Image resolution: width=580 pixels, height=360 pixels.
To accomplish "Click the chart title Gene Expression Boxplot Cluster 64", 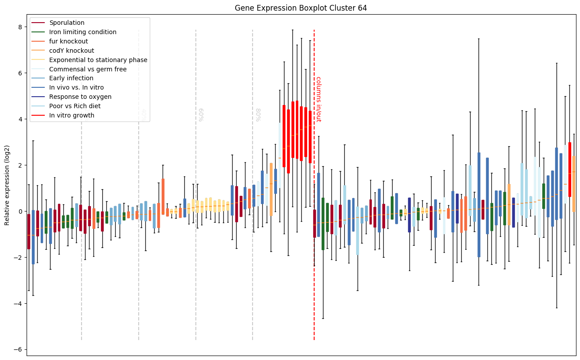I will (300, 8).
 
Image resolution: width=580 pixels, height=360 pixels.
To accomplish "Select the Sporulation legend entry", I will (67, 23).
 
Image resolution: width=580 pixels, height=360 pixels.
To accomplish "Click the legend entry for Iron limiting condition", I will (83, 32).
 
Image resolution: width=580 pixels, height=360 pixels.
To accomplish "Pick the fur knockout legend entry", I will (69, 41).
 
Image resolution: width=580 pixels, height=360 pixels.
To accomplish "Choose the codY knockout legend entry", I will (72, 51).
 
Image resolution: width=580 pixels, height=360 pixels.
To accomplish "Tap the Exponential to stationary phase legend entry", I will (98, 60).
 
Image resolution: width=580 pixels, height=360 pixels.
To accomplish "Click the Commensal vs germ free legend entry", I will (88, 69).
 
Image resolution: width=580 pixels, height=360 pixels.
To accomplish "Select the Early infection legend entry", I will (71, 78).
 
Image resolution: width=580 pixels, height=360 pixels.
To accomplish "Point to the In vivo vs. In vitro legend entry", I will (77, 87).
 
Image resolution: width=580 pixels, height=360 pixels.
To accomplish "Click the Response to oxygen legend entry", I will (80, 97).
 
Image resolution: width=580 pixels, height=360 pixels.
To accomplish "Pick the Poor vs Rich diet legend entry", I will (75, 106).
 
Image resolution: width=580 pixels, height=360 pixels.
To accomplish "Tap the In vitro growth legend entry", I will (72, 115).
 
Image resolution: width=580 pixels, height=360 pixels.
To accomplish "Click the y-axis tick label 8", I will (20, 27).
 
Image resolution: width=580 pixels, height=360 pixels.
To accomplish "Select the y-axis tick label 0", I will (20, 211).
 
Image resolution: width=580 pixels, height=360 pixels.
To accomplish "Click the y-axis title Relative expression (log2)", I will (7, 185).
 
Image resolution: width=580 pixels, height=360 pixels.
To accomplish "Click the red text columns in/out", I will (318, 99).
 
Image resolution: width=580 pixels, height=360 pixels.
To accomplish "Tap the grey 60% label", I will (200, 115).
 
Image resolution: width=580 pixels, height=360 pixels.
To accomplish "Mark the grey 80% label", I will (257, 115).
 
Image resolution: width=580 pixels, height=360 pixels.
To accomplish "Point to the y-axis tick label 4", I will (20, 119).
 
